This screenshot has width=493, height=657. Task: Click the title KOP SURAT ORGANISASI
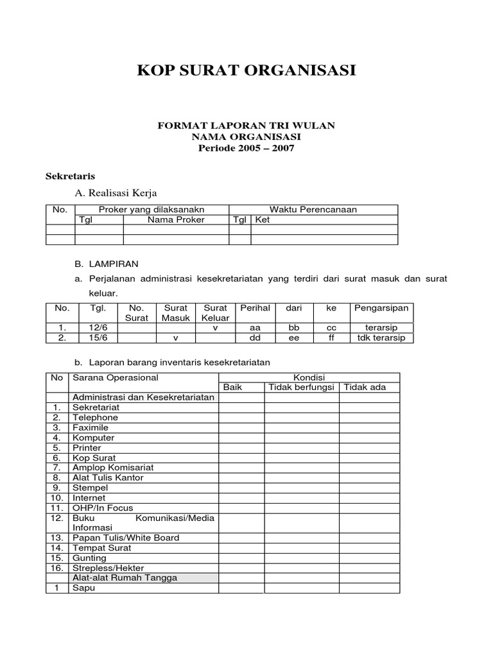[x=246, y=70]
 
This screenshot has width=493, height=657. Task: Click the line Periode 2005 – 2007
[x=246, y=148]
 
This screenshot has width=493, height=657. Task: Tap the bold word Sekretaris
[x=71, y=175]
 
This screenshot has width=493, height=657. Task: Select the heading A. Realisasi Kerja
[x=116, y=192]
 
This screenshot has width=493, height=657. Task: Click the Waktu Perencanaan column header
[x=313, y=209]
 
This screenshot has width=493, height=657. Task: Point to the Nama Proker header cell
[x=176, y=219]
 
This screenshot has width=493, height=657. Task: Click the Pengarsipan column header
[x=381, y=308]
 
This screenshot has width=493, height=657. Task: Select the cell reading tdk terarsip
[x=381, y=338]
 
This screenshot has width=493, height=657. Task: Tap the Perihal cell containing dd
[x=254, y=338]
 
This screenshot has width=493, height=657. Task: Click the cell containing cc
[x=331, y=328]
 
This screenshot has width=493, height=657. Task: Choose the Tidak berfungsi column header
[x=302, y=387]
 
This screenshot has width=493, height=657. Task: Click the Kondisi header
[x=309, y=377]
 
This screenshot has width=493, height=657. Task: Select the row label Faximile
[x=91, y=427]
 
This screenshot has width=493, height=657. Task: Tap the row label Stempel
[x=91, y=488]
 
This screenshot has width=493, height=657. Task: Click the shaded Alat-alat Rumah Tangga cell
[x=125, y=577]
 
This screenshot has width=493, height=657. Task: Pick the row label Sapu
[x=83, y=588]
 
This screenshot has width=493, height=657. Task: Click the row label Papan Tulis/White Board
[x=126, y=538]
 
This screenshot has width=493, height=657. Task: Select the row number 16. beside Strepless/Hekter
[x=57, y=568]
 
